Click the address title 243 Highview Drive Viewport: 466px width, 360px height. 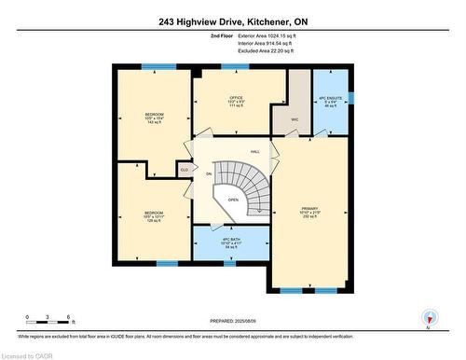(232, 10)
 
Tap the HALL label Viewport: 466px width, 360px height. (254, 152)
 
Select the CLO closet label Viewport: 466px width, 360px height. (185, 171)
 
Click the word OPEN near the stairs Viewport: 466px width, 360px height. (232, 200)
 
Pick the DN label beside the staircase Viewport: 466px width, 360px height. (209, 174)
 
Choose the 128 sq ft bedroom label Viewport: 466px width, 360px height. (154, 217)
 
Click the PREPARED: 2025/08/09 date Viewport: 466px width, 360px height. (232, 323)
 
